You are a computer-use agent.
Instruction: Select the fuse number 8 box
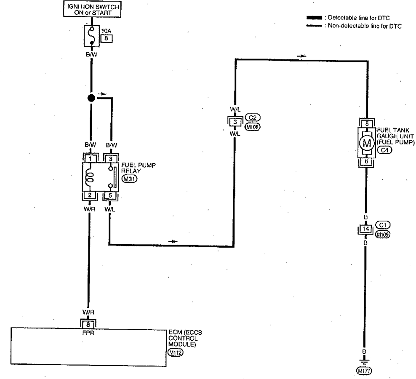coord(104,37)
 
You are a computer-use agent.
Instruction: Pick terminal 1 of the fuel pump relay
coord(90,158)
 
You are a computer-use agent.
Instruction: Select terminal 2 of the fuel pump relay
coord(90,195)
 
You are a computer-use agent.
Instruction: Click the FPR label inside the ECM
coord(89,331)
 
